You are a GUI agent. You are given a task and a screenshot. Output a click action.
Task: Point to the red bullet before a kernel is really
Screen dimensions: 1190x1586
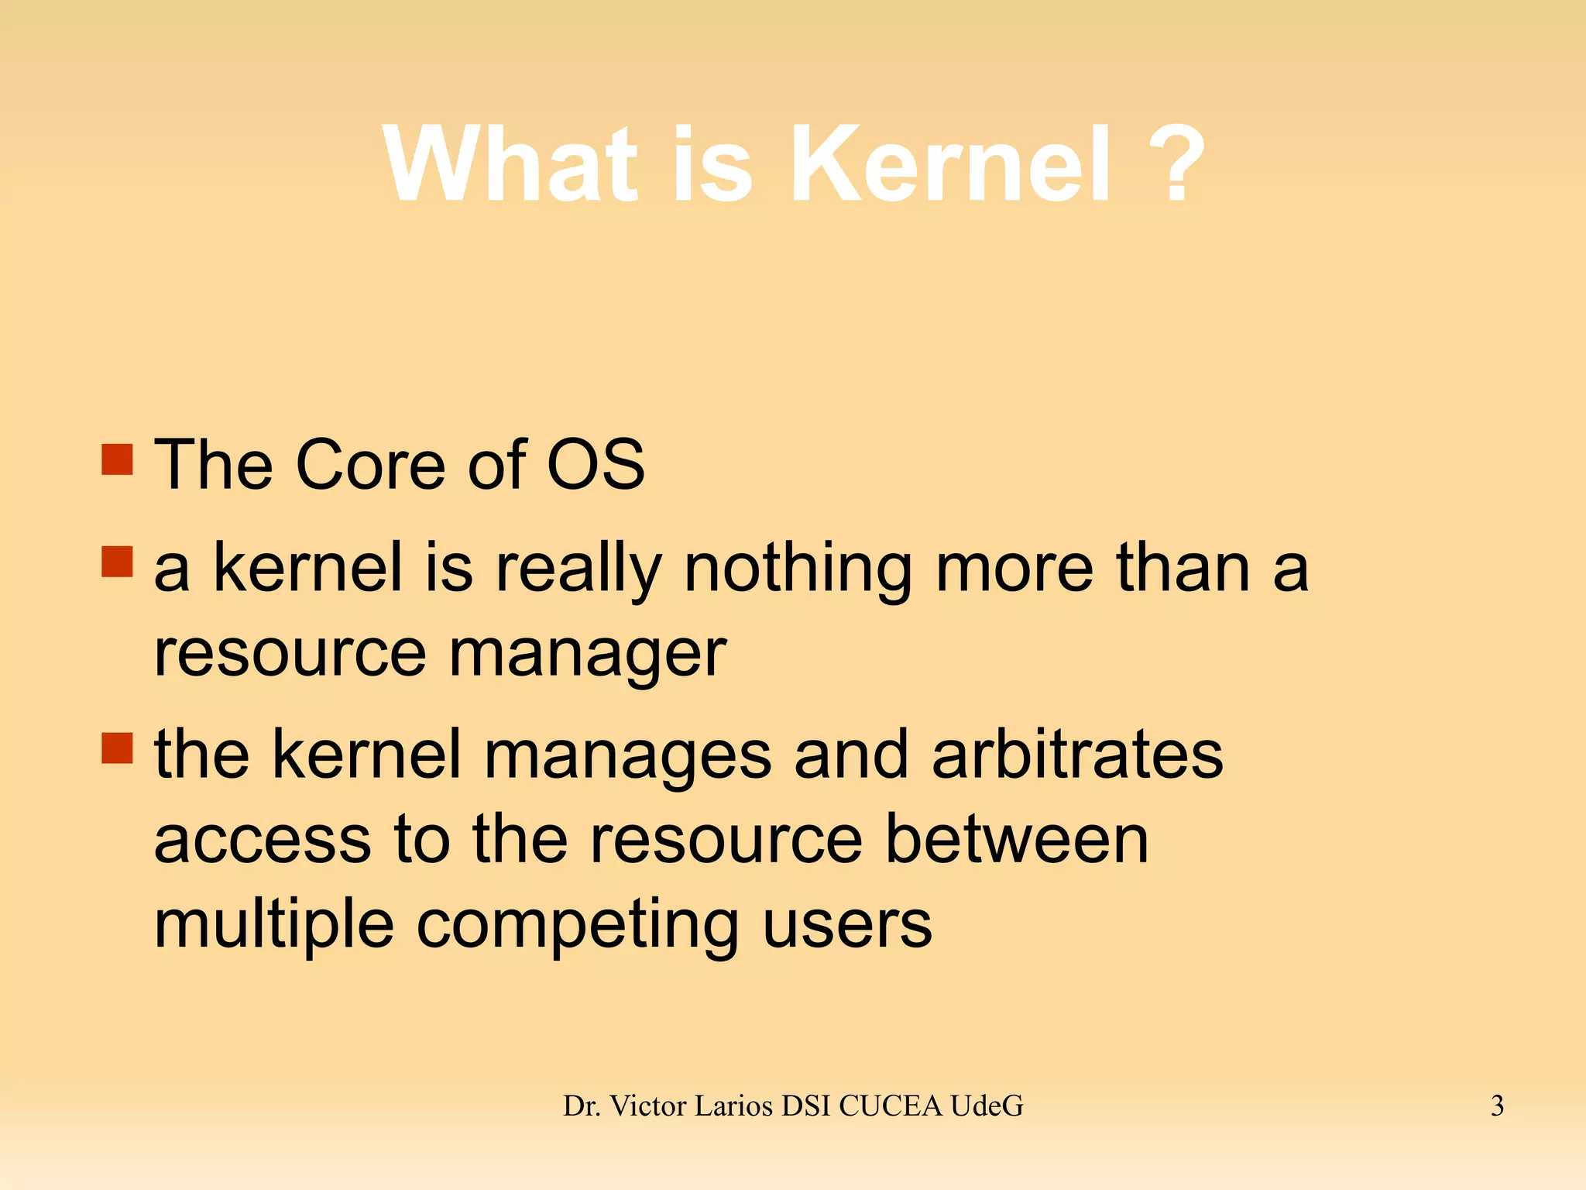coord(118,562)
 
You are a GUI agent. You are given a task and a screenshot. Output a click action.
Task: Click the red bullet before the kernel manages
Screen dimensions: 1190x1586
coord(118,748)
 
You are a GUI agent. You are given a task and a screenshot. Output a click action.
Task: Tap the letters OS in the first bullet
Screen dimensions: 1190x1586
coord(596,464)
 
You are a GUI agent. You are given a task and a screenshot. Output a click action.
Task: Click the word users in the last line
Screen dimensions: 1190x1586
coord(847,924)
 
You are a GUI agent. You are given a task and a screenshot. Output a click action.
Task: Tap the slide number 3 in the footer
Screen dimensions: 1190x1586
coord(1497,1106)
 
